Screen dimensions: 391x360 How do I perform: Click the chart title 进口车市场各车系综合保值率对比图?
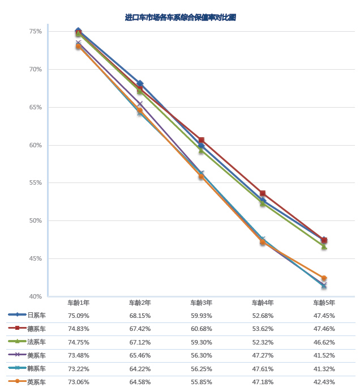pyautogui.click(x=180, y=18)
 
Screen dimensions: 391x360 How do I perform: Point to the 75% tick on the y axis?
pyautogui.click(x=36, y=31)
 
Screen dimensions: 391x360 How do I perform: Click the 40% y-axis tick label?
pyautogui.click(x=36, y=296)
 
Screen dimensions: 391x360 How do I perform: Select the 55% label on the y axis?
pyautogui.click(x=36, y=183)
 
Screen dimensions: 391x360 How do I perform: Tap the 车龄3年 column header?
pyautogui.click(x=201, y=303)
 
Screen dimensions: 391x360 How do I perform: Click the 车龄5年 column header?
pyautogui.click(x=324, y=303)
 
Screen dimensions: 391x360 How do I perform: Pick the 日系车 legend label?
pyautogui.click(x=37, y=315)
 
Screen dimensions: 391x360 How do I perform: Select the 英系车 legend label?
pyautogui.click(x=37, y=382)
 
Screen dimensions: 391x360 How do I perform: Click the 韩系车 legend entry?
pyautogui.click(x=37, y=369)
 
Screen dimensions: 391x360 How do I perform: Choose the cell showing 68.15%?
pyautogui.click(x=140, y=315)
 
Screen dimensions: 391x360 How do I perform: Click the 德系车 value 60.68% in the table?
pyautogui.click(x=201, y=329)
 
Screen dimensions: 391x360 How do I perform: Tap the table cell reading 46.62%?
pyautogui.click(x=324, y=342)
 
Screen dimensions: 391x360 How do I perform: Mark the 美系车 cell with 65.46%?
pyautogui.click(x=140, y=355)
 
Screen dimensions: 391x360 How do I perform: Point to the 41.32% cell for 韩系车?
pyautogui.click(x=324, y=369)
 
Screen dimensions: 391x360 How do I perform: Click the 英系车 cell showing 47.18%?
pyautogui.click(x=263, y=382)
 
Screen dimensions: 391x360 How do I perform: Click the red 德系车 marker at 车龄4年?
pyautogui.click(x=263, y=194)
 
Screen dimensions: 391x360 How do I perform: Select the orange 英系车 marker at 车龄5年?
pyautogui.click(x=324, y=278)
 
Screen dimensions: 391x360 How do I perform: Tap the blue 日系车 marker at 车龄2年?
pyautogui.click(x=140, y=83)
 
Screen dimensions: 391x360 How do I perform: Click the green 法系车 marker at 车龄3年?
pyautogui.click(x=201, y=151)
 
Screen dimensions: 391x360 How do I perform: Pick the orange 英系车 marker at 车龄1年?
pyautogui.click(x=78, y=46)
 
